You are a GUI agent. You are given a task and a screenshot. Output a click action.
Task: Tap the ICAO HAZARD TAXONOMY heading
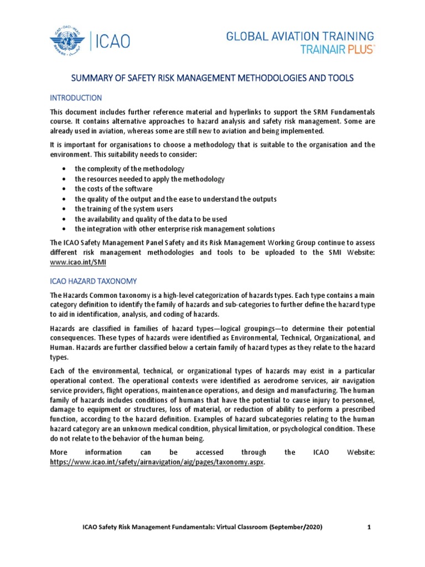pyautogui.click(x=97, y=281)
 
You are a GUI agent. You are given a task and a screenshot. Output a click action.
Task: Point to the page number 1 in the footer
pyautogui.click(x=369, y=527)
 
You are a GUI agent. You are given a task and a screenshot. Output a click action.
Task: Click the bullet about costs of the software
pyautogui.click(x=113, y=189)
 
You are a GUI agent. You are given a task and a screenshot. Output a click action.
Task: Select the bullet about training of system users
pyautogui.click(x=124, y=209)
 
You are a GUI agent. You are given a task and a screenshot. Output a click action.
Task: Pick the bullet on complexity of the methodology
pyautogui.click(x=129, y=168)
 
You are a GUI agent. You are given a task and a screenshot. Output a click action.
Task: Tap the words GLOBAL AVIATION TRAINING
pyautogui.click(x=299, y=36)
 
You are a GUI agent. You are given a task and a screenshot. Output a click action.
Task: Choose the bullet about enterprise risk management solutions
pyautogui.click(x=175, y=229)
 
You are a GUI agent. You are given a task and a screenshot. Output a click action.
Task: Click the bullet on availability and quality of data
pyautogui.click(x=151, y=219)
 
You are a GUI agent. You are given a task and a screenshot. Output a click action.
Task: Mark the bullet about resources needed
pyautogui.click(x=149, y=179)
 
